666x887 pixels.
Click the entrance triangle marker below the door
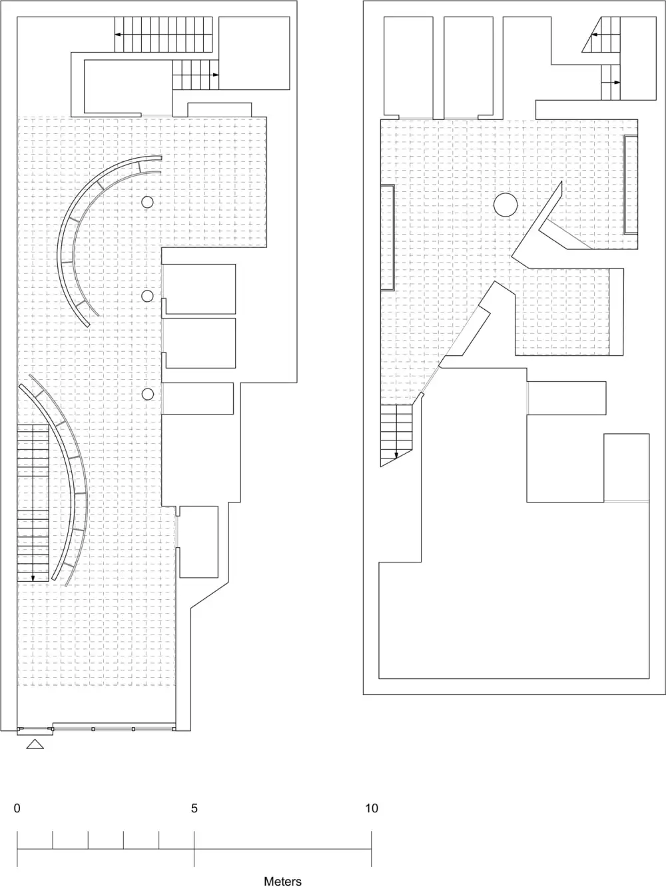pos(35,744)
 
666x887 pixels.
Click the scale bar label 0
pos(17,808)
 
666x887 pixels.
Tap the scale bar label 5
pos(194,808)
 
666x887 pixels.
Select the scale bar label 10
pos(372,808)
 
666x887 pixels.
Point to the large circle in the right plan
pos(505,205)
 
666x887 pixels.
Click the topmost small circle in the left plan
pos(147,202)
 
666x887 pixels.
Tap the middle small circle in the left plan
pos(147,296)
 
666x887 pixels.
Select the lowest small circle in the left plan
pos(148,395)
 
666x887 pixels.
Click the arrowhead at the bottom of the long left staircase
pos(33,578)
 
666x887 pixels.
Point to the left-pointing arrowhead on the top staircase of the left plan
pos(118,35)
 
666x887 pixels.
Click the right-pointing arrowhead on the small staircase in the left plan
pos(216,75)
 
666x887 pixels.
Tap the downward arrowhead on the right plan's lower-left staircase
pos(396,455)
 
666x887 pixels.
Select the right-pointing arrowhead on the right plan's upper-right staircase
pos(617,83)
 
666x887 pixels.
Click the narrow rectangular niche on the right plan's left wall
pos(388,238)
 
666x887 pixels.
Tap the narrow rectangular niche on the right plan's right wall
pos(631,185)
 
